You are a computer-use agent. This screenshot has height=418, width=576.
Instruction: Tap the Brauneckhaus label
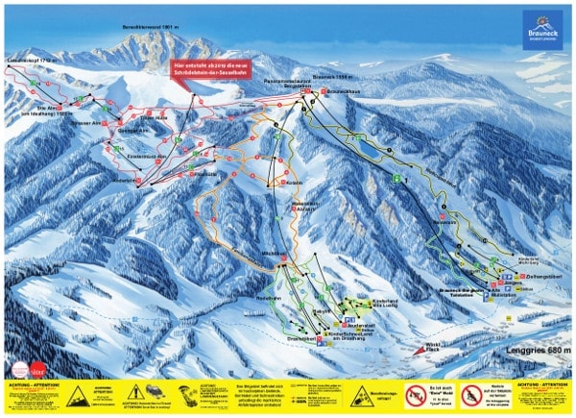pyautogui.click(x=343, y=91)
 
